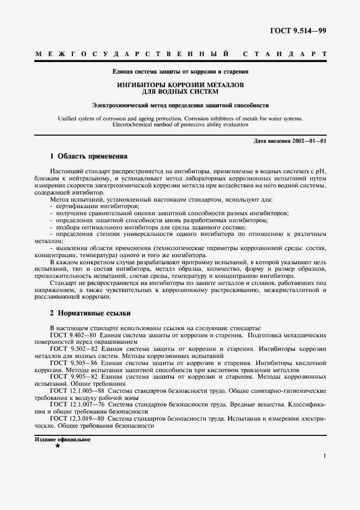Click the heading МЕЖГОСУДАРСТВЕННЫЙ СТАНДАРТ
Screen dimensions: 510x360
180,54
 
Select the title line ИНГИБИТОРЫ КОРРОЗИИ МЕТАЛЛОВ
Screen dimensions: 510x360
180,85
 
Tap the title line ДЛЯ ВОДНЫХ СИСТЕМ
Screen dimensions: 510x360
180,92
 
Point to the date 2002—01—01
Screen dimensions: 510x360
308,141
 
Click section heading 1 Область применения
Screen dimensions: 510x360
89,156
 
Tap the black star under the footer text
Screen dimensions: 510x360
58,446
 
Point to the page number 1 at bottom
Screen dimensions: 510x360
324,456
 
